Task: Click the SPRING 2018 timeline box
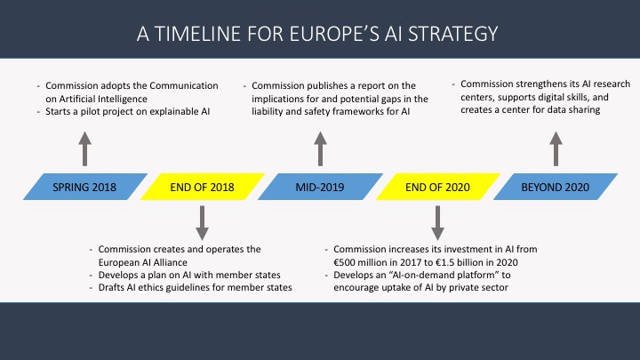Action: pyautogui.click(x=85, y=187)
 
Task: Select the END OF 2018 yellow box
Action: pyautogui.click(x=203, y=187)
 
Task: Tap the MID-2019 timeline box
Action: pyautogui.click(x=320, y=187)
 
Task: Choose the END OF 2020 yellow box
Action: pyautogui.click(x=438, y=187)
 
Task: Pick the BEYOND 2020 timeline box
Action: pyautogui.click(x=556, y=187)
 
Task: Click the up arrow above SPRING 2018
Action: pyautogui.click(x=85, y=149)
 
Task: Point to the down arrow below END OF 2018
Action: pyautogui.click(x=202, y=223)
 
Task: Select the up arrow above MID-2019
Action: pyautogui.click(x=320, y=149)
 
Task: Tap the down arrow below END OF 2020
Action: pyautogui.click(x=437, y=223)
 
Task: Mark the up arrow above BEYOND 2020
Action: pyautogui.click(x=556, y=149)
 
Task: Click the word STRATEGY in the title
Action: pyautogui.click(x=453, y=34)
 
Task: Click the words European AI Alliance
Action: pyautogui.click(x=142, y=262)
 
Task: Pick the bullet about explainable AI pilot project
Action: pyautogui.click(x=127, y=111)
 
